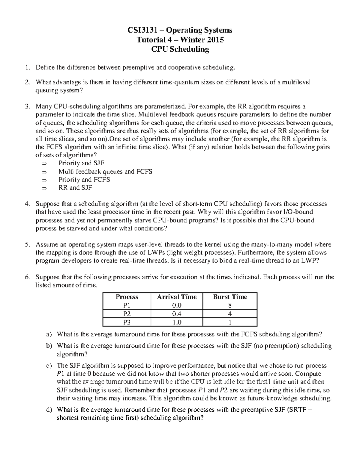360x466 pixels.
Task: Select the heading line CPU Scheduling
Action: [180, 49]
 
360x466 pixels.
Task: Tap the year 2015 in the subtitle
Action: [214, 40]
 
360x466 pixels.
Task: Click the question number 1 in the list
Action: [28, 68]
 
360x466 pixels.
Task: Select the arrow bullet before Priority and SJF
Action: [44, 164]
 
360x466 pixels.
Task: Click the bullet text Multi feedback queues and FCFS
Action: [105, 172]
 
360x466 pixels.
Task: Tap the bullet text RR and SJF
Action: [75, 188]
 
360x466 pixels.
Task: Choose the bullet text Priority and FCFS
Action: [84, 180]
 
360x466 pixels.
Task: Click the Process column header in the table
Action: [127, 297]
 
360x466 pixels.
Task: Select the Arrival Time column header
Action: [177, 297]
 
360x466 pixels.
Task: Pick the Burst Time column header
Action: [230, 297]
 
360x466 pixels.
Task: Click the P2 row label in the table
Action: [127, 314]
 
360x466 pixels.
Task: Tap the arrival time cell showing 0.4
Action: [177, 314]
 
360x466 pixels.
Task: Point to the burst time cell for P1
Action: [230, 305]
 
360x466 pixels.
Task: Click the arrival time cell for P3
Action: [177, 322]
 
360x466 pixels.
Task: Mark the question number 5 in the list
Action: [28, 245]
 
